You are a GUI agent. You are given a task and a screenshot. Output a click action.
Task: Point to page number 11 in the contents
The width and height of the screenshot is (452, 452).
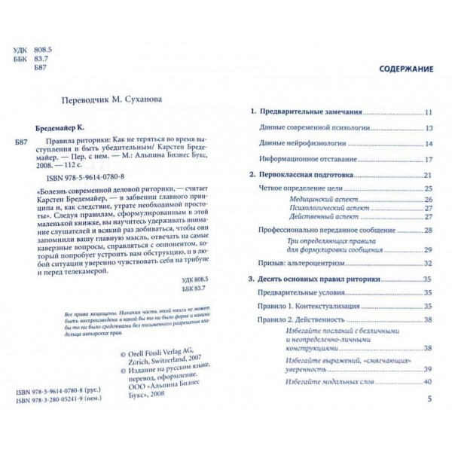(x=428, y=113)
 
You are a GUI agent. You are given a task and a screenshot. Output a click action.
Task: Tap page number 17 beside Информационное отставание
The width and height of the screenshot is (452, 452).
(x=428, y=160)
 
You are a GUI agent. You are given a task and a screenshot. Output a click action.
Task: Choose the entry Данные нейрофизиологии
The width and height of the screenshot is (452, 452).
(x=296, y=144)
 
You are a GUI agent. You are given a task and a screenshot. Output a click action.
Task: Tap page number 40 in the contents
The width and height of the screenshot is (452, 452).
(x=427, y=384)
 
